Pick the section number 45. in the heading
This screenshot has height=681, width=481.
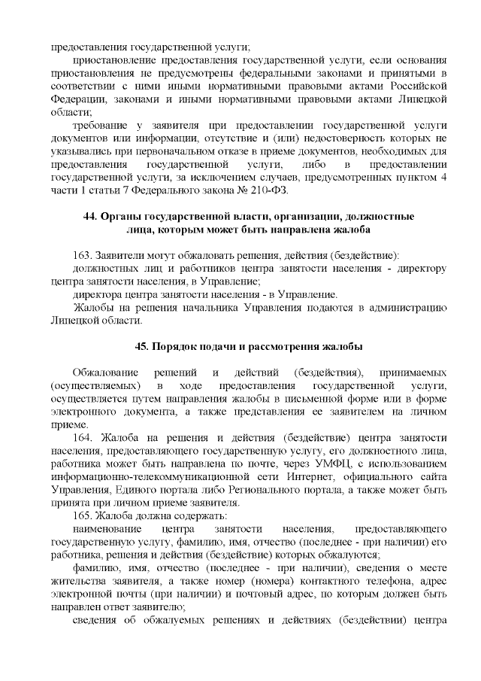tap(142, 347)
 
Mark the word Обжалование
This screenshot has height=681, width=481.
tap(105, 373)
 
